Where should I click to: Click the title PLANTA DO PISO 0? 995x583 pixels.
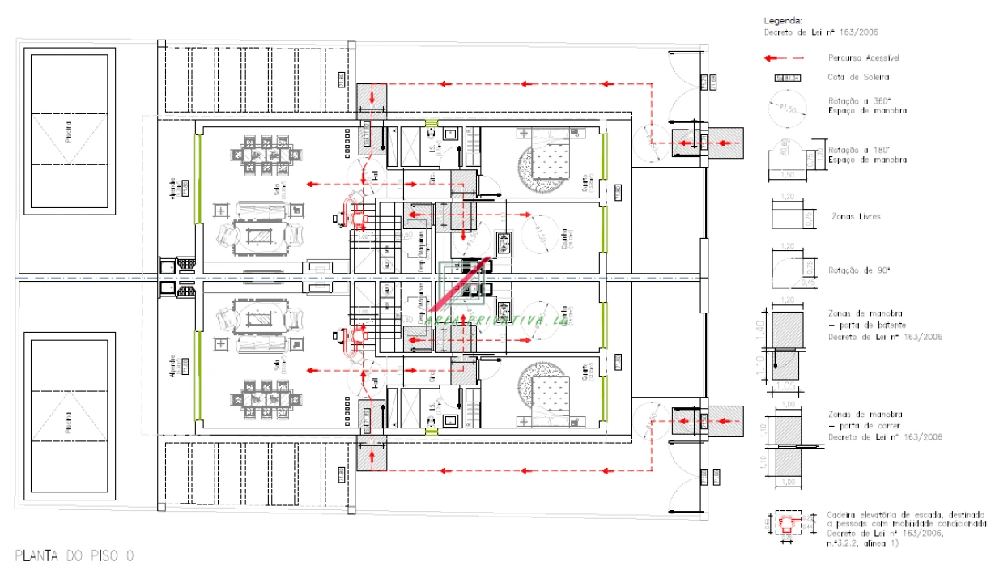(74, 555)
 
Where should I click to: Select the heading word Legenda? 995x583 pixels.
(781, 21)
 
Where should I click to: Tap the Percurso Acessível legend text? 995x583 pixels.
(864, 58)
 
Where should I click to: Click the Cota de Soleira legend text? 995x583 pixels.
(858, 78)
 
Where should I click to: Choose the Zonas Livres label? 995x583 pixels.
(857, 217)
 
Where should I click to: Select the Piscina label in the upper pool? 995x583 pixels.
(68, 132)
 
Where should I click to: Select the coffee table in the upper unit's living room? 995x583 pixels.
(260, 234)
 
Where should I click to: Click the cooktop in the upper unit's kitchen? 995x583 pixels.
(504, 242)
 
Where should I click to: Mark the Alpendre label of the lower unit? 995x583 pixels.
(171, 364)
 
